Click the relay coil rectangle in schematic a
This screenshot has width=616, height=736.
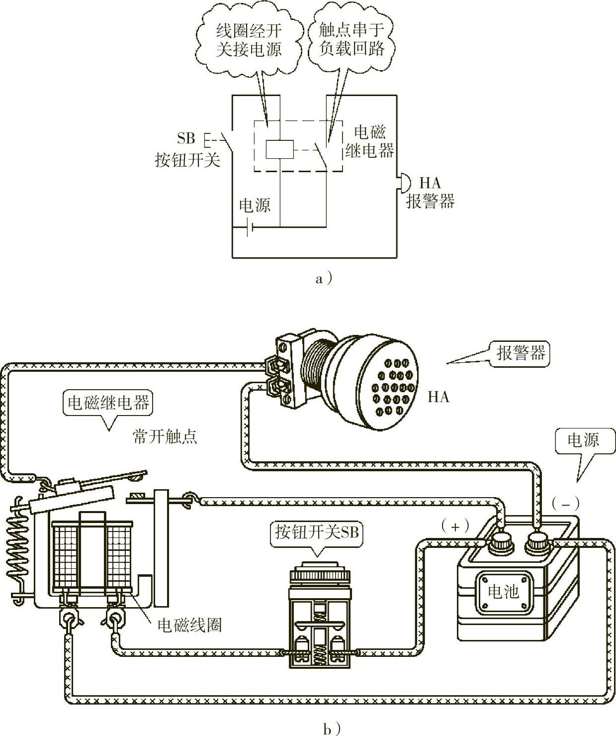[279, 149]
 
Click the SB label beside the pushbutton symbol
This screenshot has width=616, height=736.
[186, 138]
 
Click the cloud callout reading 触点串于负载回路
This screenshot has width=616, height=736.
[352, 39]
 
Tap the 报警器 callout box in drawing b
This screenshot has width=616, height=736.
[519, 353]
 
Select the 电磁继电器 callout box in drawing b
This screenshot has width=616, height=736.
[108, 403]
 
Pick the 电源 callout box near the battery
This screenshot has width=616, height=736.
[584, 440]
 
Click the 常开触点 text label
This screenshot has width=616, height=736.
[165, 437]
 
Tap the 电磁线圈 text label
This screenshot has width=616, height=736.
[189, 625]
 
